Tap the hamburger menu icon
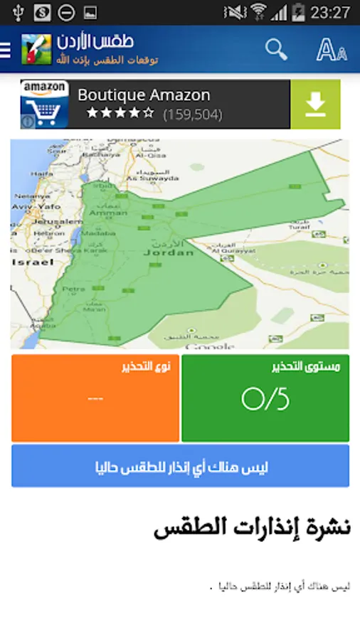tap(6, 50)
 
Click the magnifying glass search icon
tap(276, 49)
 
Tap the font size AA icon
tap(331, 50)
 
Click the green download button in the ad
tap(315, 105)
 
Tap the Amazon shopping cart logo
tap(44, 105)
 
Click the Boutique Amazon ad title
tap(144, 95)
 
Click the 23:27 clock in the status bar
tap(331, 12)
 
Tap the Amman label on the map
tap(107, 212)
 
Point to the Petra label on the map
tap(73, 289)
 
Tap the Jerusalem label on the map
tap(48, 221)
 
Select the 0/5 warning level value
tap(265, 400)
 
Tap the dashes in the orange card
tap(95, 398)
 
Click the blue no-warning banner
tap(180, 466)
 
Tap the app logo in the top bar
tap(36, 50)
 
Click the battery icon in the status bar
tap(299, 12)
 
